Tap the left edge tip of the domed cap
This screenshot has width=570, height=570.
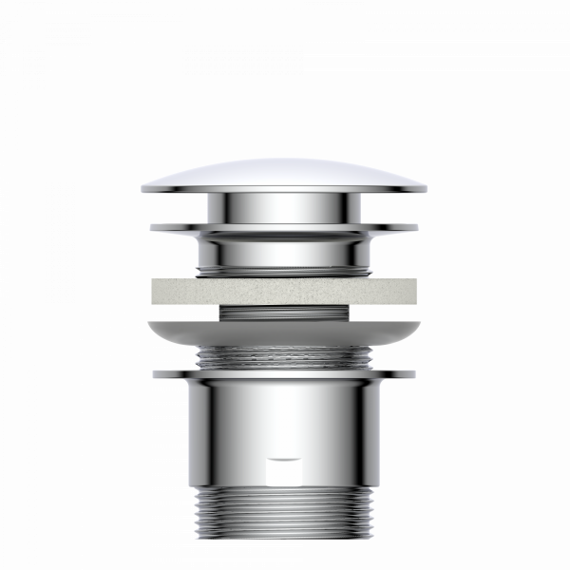[x=142, y=188]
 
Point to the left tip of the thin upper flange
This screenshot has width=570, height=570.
[x=152, y=227]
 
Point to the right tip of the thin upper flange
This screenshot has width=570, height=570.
[x=417, y=227]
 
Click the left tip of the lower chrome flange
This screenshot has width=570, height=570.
[x=154, y=374]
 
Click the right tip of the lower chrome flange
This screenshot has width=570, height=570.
[x=415, y=374]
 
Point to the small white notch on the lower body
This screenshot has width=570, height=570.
[x=284, y=459]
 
